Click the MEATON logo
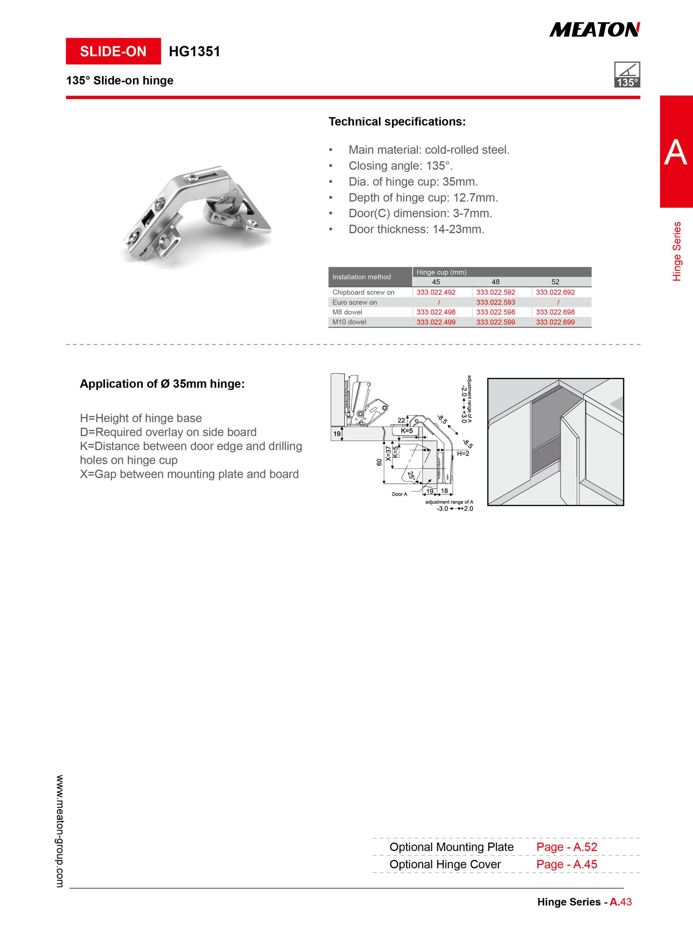(x=595, y=30)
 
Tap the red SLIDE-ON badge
(x=113, y=51)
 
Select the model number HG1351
(x=194, y=51)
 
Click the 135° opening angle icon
(x=627, y=75)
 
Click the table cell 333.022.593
(x=495, y=302)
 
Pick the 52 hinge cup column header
(x=555, y=282)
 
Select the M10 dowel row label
(x=349, y=322)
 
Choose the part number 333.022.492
(x=436, y=292)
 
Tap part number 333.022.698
(x=555, y=312)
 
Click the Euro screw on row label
(x=355, y=302)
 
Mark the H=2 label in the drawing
(x=463, y=454)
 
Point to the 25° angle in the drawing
(x=411, y=476)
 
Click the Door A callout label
(x=399, y=494)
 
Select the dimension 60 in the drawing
(x=379, y=462)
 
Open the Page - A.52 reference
(x=567, y=847)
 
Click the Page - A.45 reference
(x=567, y=864)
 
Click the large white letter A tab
(x=675, y=152)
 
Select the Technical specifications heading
(x=397, y=122)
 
